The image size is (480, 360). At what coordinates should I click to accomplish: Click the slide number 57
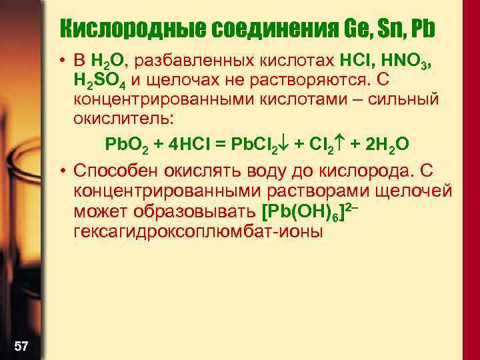tap(21, 345)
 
